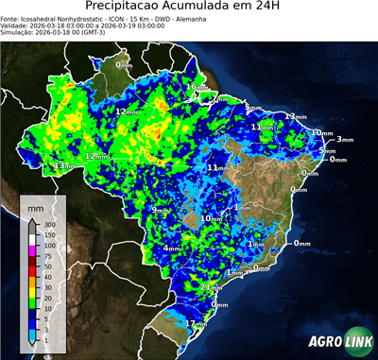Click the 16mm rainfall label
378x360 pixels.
(x=196, y=87)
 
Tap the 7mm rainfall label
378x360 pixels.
(x=219, y=98)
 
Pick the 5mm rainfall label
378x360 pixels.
(x=327, y=150)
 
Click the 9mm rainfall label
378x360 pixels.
(x=161, y=210)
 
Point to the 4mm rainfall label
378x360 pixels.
(x=172, y=248)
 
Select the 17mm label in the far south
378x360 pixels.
(x=196, y=323)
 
